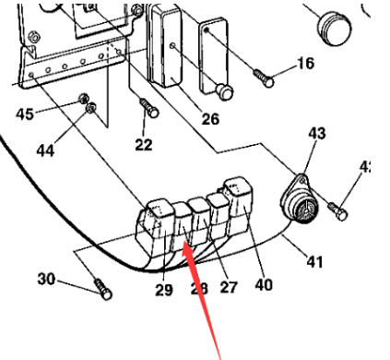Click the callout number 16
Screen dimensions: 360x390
pyautogui.click(x=303, y=64)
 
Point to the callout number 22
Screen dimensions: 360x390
pyautogui.click(x=143, y=146)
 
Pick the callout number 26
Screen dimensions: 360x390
pyautogui.click(x=210, y=120)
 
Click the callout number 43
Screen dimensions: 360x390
pyautogui.click(x=316, y=134)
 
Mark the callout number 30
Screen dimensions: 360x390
pyautogui.click(x=46, y=277)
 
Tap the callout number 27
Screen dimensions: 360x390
pyautogui.click(x=228, y=286)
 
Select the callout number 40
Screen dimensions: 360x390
pyautogui.click(x=264, y=285)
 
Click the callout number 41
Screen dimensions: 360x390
pyautogui.click(x=315, y=262)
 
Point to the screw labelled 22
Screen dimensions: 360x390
pyautogui.click(x=148, y=109)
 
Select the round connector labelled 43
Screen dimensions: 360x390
pyautogui.click(x=300, y=198)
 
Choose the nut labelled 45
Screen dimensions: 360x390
pyautogui.click(x=84, y=98)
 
